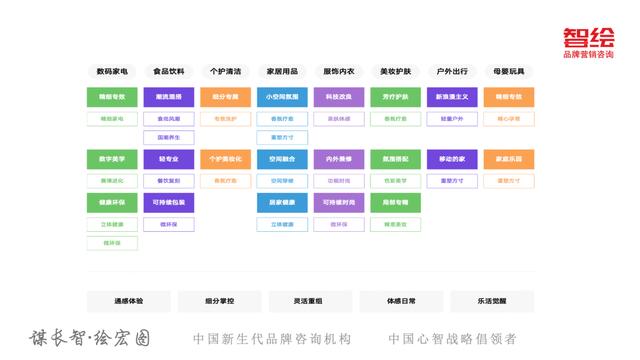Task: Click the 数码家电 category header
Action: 112,72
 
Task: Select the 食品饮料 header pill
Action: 169,72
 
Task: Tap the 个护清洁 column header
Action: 225,72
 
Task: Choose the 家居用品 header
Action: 282,72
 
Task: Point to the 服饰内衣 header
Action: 339,72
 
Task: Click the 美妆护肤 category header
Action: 395,72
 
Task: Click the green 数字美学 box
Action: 112,159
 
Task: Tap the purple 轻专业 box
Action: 169,159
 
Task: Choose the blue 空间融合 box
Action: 282,159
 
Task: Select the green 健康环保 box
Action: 112,202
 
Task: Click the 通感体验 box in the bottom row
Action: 128,301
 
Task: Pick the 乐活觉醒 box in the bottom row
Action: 491,301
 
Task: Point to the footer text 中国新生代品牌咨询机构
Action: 272,339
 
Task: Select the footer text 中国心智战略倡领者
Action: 452,339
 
